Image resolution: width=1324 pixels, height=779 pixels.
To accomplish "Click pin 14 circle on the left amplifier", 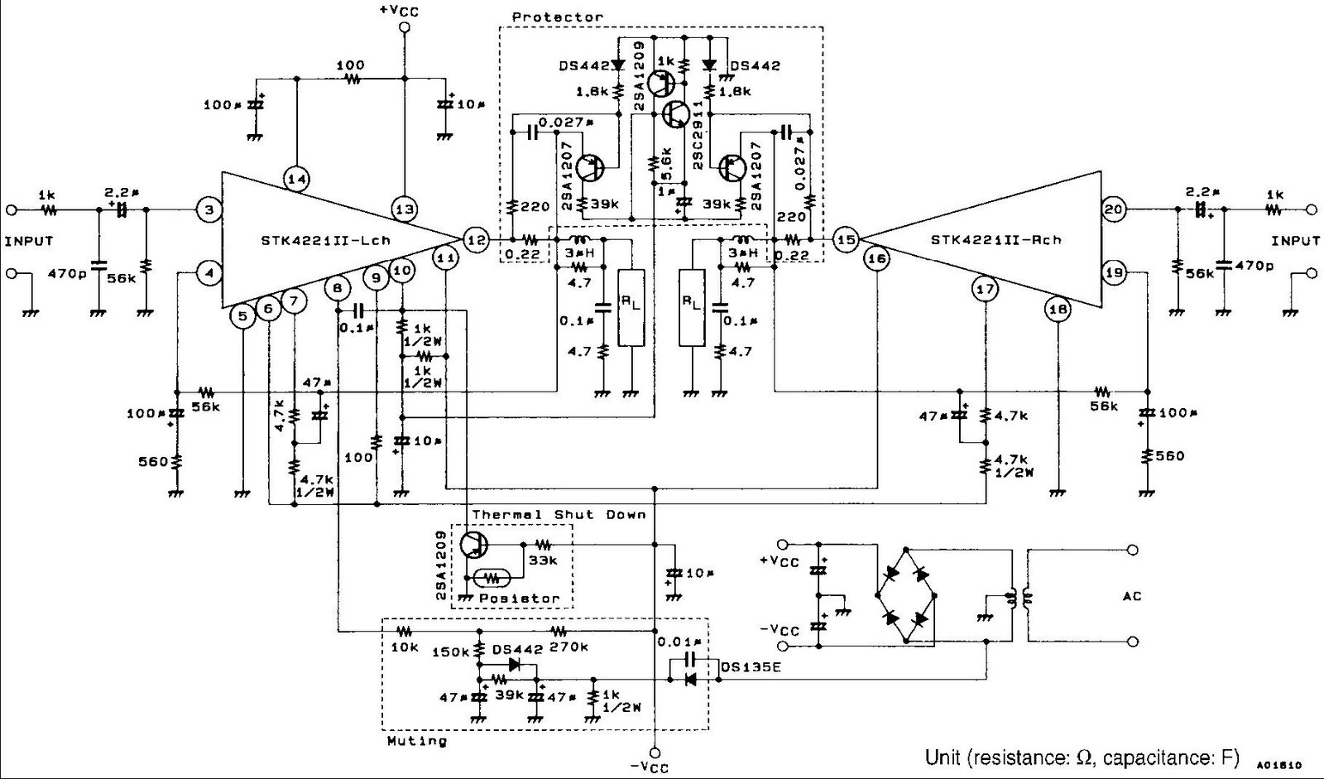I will pos(296,179).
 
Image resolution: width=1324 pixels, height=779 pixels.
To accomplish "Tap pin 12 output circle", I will pos(476,239).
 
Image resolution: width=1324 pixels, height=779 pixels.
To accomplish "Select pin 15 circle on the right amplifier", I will pos(846,240).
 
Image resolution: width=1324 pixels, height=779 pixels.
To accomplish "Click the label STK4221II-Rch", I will pos(995,241).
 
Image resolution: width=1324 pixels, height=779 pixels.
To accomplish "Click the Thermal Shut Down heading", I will pos(559,515).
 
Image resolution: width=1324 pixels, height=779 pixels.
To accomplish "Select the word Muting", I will pos(417,740).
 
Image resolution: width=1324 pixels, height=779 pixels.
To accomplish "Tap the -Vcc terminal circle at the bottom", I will pos(655,753).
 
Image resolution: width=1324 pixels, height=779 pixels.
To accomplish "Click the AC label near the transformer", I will pos(1133,596).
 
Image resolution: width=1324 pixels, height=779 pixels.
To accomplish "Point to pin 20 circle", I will pos(1114,210).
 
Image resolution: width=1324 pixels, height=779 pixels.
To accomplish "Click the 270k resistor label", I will pos(568,647).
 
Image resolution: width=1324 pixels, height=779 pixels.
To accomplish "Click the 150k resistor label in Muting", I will pos(452,652).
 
